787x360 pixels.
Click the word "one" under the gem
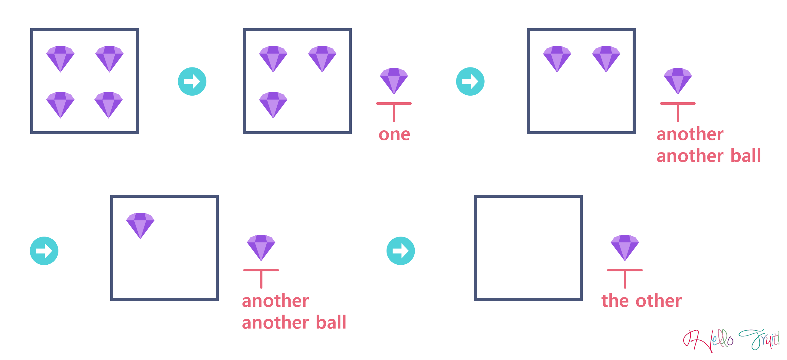pos(394,135)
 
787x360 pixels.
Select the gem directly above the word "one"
pos(394,81)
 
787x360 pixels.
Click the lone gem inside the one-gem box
pos(140,226)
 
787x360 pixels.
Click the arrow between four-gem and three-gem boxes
pos(192,81)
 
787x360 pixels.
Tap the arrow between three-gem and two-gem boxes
pos(470,81)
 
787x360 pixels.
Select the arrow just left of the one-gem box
pos(44,251)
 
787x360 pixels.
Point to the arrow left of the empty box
pos(400,251)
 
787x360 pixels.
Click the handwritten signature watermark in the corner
pos(731,341)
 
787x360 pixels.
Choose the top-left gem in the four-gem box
pos(61,59)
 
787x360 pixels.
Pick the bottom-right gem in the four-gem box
pos(109,105)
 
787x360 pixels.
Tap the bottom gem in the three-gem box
pos(273,105)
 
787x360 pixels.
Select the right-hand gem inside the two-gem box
pos(606,59)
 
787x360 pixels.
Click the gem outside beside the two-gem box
pos(678,81)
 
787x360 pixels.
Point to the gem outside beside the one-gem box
pos(261,248)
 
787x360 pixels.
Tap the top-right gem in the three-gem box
pos(322,59)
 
